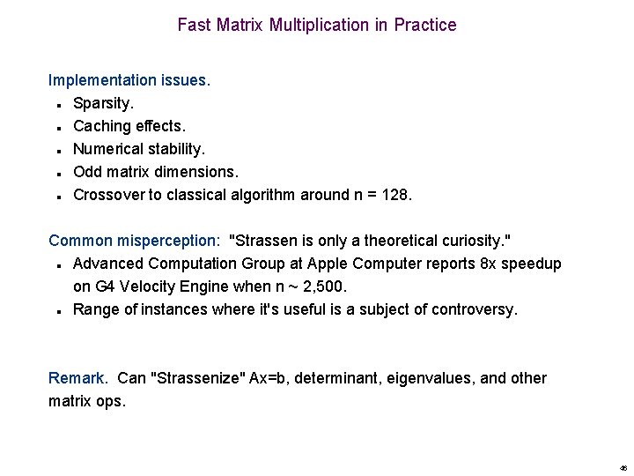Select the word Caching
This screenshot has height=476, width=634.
101,126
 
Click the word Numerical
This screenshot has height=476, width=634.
109,149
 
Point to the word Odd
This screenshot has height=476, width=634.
88,172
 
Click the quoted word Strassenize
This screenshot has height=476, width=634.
200,378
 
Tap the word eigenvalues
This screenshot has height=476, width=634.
429,378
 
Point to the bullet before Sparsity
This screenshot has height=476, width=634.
55,105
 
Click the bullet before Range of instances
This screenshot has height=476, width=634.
55,311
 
